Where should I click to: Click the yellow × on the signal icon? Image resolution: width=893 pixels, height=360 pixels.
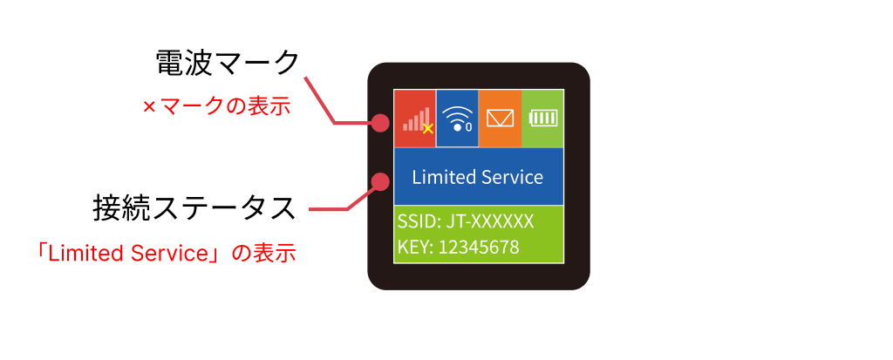coord(428,129)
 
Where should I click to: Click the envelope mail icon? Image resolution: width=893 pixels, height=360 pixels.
coord(500,118)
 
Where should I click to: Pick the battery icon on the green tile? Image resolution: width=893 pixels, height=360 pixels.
coord(543,119)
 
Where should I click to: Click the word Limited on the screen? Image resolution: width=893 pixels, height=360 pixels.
coord(444,177)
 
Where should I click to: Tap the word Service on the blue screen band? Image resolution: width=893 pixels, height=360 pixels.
coord(512,177)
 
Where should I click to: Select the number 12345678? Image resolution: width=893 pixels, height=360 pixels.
coord(479,248)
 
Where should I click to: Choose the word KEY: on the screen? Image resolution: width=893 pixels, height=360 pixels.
coord(416,248)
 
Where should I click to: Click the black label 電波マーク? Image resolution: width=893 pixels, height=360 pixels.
coord(227,62)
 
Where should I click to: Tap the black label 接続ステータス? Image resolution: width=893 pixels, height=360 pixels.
coord(194,208)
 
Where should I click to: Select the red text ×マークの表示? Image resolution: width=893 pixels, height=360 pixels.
coord(216,106)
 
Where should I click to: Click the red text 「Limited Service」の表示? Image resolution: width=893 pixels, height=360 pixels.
coord(166,253)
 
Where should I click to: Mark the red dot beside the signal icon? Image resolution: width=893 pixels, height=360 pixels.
coord(380,122)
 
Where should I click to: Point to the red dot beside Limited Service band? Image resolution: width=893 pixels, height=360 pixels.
coord(380,181)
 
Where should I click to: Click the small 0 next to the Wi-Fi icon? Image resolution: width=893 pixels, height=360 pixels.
coord(468,126)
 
